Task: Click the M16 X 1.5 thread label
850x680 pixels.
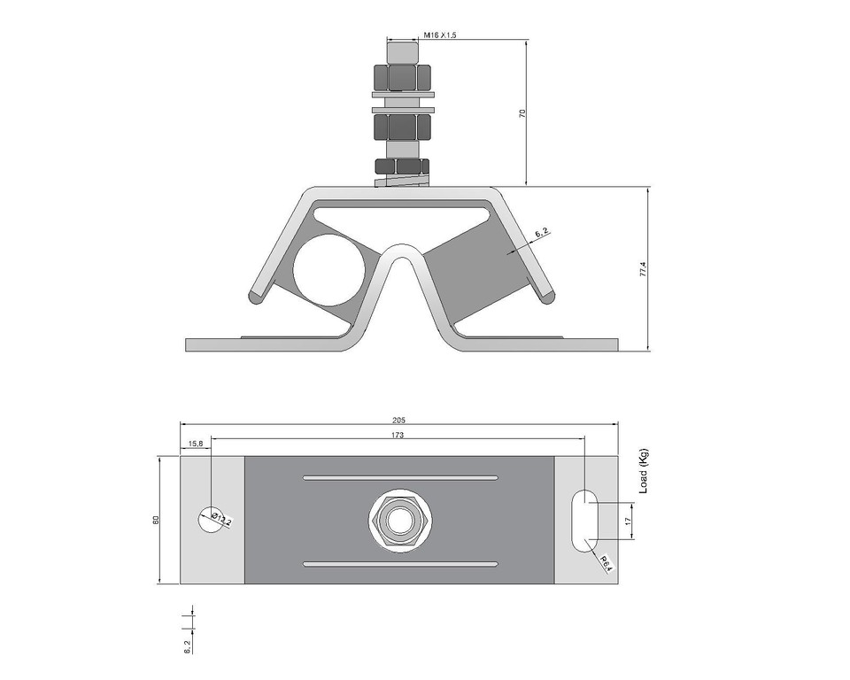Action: click(439, 35)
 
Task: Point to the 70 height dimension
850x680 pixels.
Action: click(522, 113)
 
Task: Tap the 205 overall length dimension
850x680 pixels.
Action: click(398, 420)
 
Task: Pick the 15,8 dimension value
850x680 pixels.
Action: click(195, 443)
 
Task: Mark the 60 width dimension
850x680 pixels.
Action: click(156, 520)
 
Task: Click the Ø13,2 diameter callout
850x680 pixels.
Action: click(221, 521)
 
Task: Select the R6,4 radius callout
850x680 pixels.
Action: click(607, 562)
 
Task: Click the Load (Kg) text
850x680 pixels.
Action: click(644, 470)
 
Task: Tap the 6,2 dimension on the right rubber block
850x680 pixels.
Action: click(541, 233)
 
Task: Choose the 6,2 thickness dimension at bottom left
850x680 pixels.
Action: click(187, 645)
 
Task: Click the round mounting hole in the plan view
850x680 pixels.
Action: click(210, 520)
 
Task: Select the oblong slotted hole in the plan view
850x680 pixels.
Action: click(584, 520)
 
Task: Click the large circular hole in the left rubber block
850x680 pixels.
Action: click(329, 271)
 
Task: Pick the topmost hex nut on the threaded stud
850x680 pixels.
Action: click(403, 77)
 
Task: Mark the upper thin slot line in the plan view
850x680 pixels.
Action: click(400, 477)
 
